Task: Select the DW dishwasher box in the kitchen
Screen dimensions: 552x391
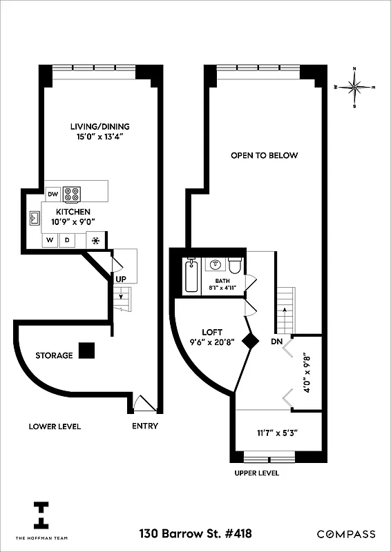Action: (x=53, y=194)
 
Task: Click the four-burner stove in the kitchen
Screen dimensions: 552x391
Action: (x=73, y=194)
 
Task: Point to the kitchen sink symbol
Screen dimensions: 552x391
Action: (x=35, y=218)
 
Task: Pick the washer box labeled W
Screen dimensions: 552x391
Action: (x=50, y=241)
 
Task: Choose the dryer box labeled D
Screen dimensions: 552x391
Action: (x=68, y=241)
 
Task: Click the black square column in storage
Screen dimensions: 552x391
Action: (x=87, y=351)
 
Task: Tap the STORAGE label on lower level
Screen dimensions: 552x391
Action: (x=54, y=355)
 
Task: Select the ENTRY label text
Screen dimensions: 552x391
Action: (x=145, y=426)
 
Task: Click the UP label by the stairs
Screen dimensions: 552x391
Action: (x=121, y=279)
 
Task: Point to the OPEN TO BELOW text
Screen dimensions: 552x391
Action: (x=265, y=155)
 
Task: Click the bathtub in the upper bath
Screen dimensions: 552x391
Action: (x=191, y=277)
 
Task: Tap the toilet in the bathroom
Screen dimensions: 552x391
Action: (x=234, y=268)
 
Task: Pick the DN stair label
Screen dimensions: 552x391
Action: (x=276, y=342)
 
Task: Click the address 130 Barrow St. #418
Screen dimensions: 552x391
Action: (x=195, y=533)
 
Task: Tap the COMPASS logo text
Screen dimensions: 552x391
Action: (x=346, y=534)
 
